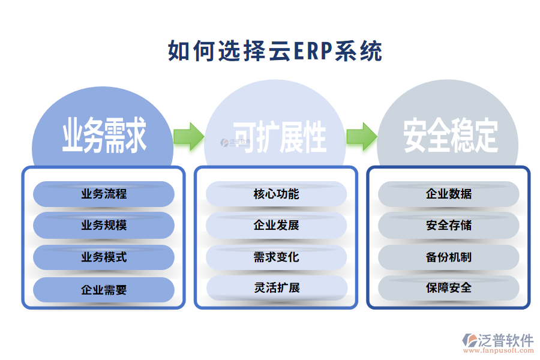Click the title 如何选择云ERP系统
(x=275, y=52)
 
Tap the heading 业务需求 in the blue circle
(x=104, y=136)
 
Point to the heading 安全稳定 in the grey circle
(x=450, y=136)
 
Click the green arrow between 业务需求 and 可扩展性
(x=188, y=137)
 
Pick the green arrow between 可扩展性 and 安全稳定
(x=361, y=137)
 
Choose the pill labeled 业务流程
(x=104, y=194)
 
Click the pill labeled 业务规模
(x=104, y=226)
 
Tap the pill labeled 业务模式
(x=104, y=257)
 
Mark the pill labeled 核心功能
(x=277, y=194)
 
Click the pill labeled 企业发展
(x=277, y=226)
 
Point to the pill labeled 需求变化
(x=277, y=257)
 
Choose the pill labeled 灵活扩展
(x=277, y=287)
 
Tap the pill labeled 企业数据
(x=449, y=194)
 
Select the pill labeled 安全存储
(x=449, y=226)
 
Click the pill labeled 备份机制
(x=449, y=257)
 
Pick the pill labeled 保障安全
(x=449, y=287)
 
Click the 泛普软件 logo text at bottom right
(x=505, y=340)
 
